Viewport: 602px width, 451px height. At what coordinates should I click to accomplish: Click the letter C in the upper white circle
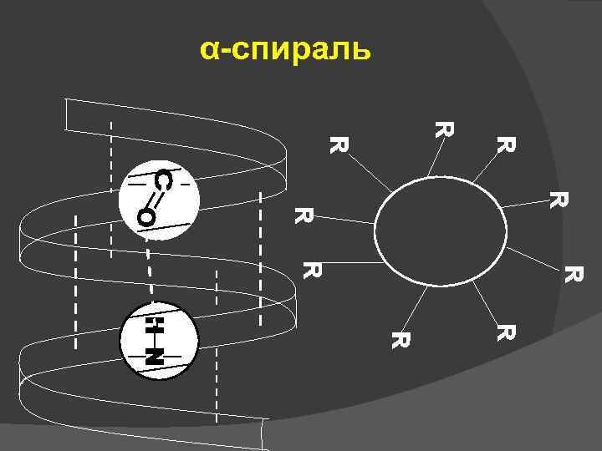tap(166, 180)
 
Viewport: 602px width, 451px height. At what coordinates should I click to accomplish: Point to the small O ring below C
tap(146, 218)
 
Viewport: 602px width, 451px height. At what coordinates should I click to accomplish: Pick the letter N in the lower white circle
tap(153, 355)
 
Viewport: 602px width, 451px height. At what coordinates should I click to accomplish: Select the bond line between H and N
tap(153, 338)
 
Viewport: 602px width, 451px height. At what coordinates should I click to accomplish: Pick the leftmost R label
tap(302, 215)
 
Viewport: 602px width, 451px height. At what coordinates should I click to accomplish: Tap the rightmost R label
tap(573, 273)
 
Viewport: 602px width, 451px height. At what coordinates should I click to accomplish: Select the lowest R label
tap(400, 340)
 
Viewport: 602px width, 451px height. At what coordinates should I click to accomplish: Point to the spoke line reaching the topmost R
tap(434, 159)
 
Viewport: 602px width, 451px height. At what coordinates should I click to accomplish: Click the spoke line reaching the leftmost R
tap(343, 220)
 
